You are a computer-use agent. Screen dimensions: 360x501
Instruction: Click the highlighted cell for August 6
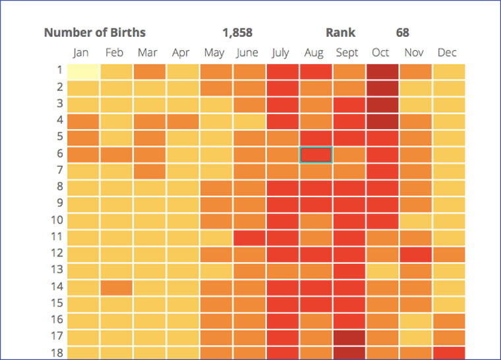point(316,154)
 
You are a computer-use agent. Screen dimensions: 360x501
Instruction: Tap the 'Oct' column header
point(380,53)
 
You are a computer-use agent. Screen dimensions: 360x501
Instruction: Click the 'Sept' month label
point(348,53)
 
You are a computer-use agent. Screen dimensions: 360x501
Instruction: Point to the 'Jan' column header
point(81,53)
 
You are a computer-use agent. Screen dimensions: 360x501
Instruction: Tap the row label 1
point(59,70)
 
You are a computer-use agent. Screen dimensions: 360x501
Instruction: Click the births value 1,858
point(237,32)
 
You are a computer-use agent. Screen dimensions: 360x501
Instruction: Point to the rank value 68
point(402,32)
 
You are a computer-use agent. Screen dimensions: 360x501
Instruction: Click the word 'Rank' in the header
point(340,32)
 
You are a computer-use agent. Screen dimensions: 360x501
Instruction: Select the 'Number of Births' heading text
point(95,32)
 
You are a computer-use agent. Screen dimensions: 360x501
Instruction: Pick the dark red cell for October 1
point(382,71)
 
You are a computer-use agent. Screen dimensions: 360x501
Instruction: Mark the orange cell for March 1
point(149,71)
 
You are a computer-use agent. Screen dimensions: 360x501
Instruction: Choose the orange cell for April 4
point(183,121)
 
